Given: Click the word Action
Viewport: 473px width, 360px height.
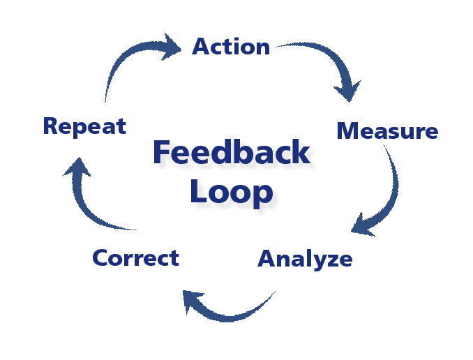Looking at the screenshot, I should point(231,47).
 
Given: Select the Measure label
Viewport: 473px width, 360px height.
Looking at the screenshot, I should point(387,131).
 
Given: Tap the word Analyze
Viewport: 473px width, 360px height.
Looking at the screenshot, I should point(305,259).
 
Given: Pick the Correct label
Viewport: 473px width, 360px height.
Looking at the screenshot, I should point(135,258).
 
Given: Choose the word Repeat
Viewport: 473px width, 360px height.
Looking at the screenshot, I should point(84,126).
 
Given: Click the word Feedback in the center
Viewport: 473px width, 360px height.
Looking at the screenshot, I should point(231,153).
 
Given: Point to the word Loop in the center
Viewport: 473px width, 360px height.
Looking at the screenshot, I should point(231,191).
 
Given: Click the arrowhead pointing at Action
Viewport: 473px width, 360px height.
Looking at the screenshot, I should point(170,46).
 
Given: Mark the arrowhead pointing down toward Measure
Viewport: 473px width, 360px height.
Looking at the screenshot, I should point(347,91).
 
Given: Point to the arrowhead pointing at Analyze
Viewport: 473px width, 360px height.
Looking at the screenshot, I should point(363,224).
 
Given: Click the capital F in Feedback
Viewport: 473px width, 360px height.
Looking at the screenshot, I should point(162,153).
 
